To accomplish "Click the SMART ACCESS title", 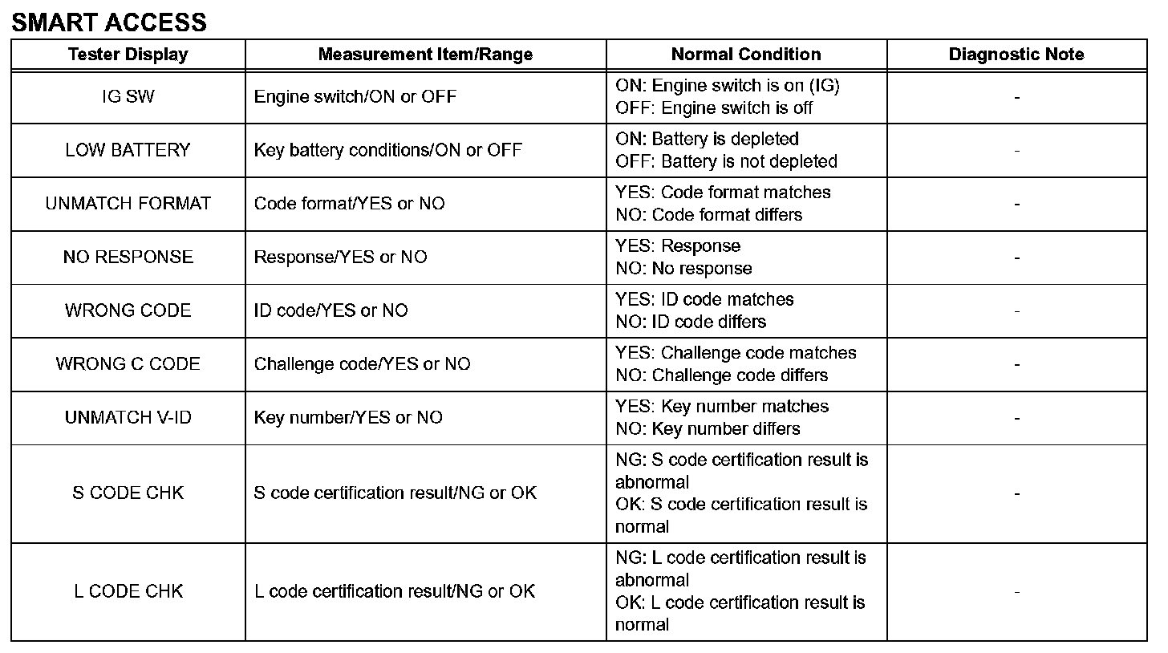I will tap(109, 22).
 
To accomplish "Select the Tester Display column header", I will tap(128, 55).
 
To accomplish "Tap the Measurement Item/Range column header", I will tap(425, 55).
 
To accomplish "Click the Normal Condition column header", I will tap(746, 55).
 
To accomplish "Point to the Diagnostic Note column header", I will tap(1016, 55).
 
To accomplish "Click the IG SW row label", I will tap(128, 97).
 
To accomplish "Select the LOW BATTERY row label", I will tap(128, 150).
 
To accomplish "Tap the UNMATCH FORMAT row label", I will tap(128, 204).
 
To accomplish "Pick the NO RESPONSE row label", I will tap(128, 258).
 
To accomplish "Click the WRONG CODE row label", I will tap(128, 310).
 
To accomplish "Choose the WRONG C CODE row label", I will tap(128, 364).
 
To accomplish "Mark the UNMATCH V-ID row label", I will tap(128, 418).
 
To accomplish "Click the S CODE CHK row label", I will tap(128, 493).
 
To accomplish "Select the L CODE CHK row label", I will tap(128, 591).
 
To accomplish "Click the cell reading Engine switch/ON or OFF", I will tap(355, 97).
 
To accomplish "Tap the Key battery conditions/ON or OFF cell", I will tap(388, 150).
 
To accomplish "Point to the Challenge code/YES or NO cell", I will tap(362, 364).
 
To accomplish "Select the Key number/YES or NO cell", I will tap(348, 418).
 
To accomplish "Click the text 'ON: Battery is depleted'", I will tap(707, 139).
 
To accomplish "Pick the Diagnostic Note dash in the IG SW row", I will tap(1016, 97).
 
